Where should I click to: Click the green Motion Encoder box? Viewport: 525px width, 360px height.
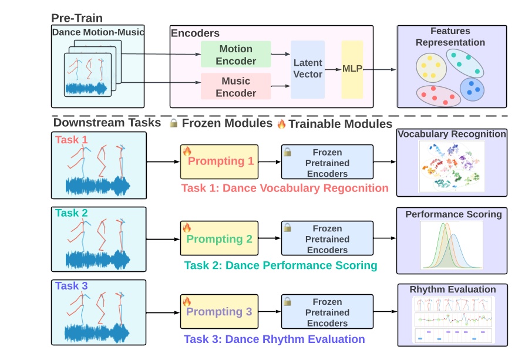click(x=235, y=55)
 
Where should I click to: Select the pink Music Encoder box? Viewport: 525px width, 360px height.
click(x=235, y=86)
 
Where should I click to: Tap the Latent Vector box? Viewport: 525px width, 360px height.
click(x=308, y=69)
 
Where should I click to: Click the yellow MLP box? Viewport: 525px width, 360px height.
click(x=352, y=69)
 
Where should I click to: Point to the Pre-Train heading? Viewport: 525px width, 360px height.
click(x=76, y=18)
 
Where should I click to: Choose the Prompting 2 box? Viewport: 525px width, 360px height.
click(x=219, y=238)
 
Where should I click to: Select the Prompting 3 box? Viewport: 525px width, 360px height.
click(x=219, y=312)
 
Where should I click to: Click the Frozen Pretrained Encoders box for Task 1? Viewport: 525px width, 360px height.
click(x=327, y=162)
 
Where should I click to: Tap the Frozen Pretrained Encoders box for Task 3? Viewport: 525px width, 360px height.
click(x=327, y=312)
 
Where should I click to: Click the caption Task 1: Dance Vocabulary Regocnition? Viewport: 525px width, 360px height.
click(x=285, y=188)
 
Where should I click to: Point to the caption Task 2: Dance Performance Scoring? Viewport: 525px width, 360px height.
click(x=280, y=265)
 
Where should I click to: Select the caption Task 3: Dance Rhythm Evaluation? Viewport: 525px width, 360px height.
click(x=274, y=339)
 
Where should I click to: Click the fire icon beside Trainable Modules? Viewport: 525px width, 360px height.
click(x=281, y=124)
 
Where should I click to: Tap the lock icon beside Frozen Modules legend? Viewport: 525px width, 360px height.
click(x=173, y=124)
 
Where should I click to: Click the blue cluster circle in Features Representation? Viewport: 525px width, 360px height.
click(x=472, y=89)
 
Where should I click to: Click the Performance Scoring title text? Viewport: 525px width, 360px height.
click(x=453, y=214)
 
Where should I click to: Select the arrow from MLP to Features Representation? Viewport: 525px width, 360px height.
click(x=381, y=69)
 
